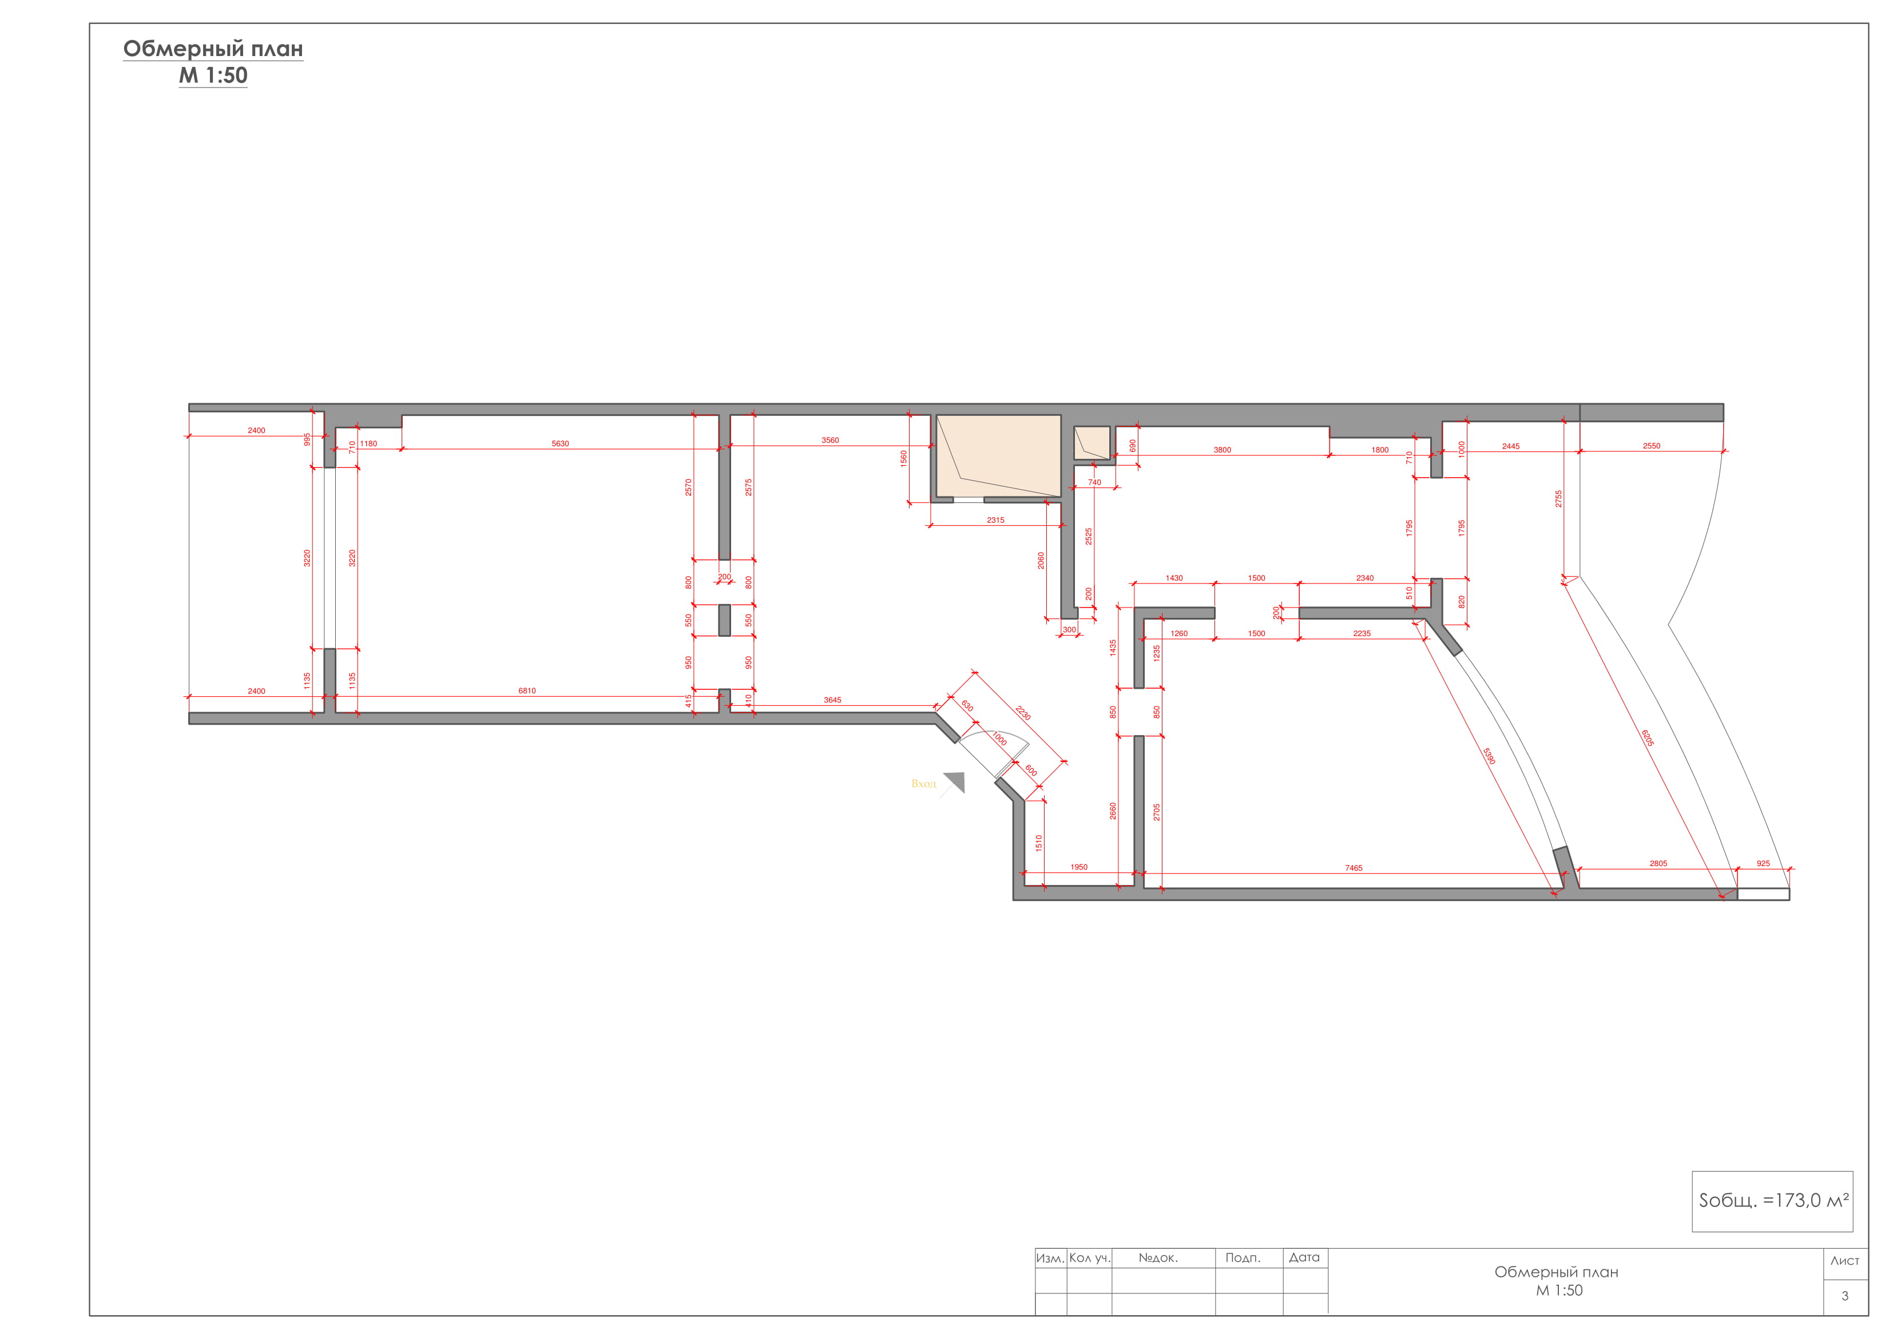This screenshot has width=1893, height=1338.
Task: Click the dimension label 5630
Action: [560, 443]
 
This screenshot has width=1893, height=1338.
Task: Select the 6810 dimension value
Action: [527, 691]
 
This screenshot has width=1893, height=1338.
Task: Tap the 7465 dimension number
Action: [1354, 868]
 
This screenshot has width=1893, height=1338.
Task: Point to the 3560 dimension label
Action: [830, 440]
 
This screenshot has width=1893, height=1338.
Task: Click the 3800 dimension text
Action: [1222, 450]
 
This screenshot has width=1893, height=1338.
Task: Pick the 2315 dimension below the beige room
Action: [995, 520]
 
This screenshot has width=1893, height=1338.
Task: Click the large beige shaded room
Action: [998, 456]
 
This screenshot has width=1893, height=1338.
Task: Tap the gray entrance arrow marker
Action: [955, 781]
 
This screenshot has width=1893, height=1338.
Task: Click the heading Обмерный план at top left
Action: [213, 49]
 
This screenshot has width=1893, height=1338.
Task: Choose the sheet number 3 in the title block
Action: [1845, 1296]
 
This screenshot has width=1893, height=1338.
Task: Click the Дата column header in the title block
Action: [1304, 1257]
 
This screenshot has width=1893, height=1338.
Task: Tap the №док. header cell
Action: [1158, 1258]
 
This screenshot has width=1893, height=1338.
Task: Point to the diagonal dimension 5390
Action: [1489, 756]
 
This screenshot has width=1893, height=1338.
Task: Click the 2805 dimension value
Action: [1658, 864]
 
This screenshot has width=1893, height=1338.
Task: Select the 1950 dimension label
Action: [1078, 867]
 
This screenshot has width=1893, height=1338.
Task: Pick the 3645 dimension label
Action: [833, 700]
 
